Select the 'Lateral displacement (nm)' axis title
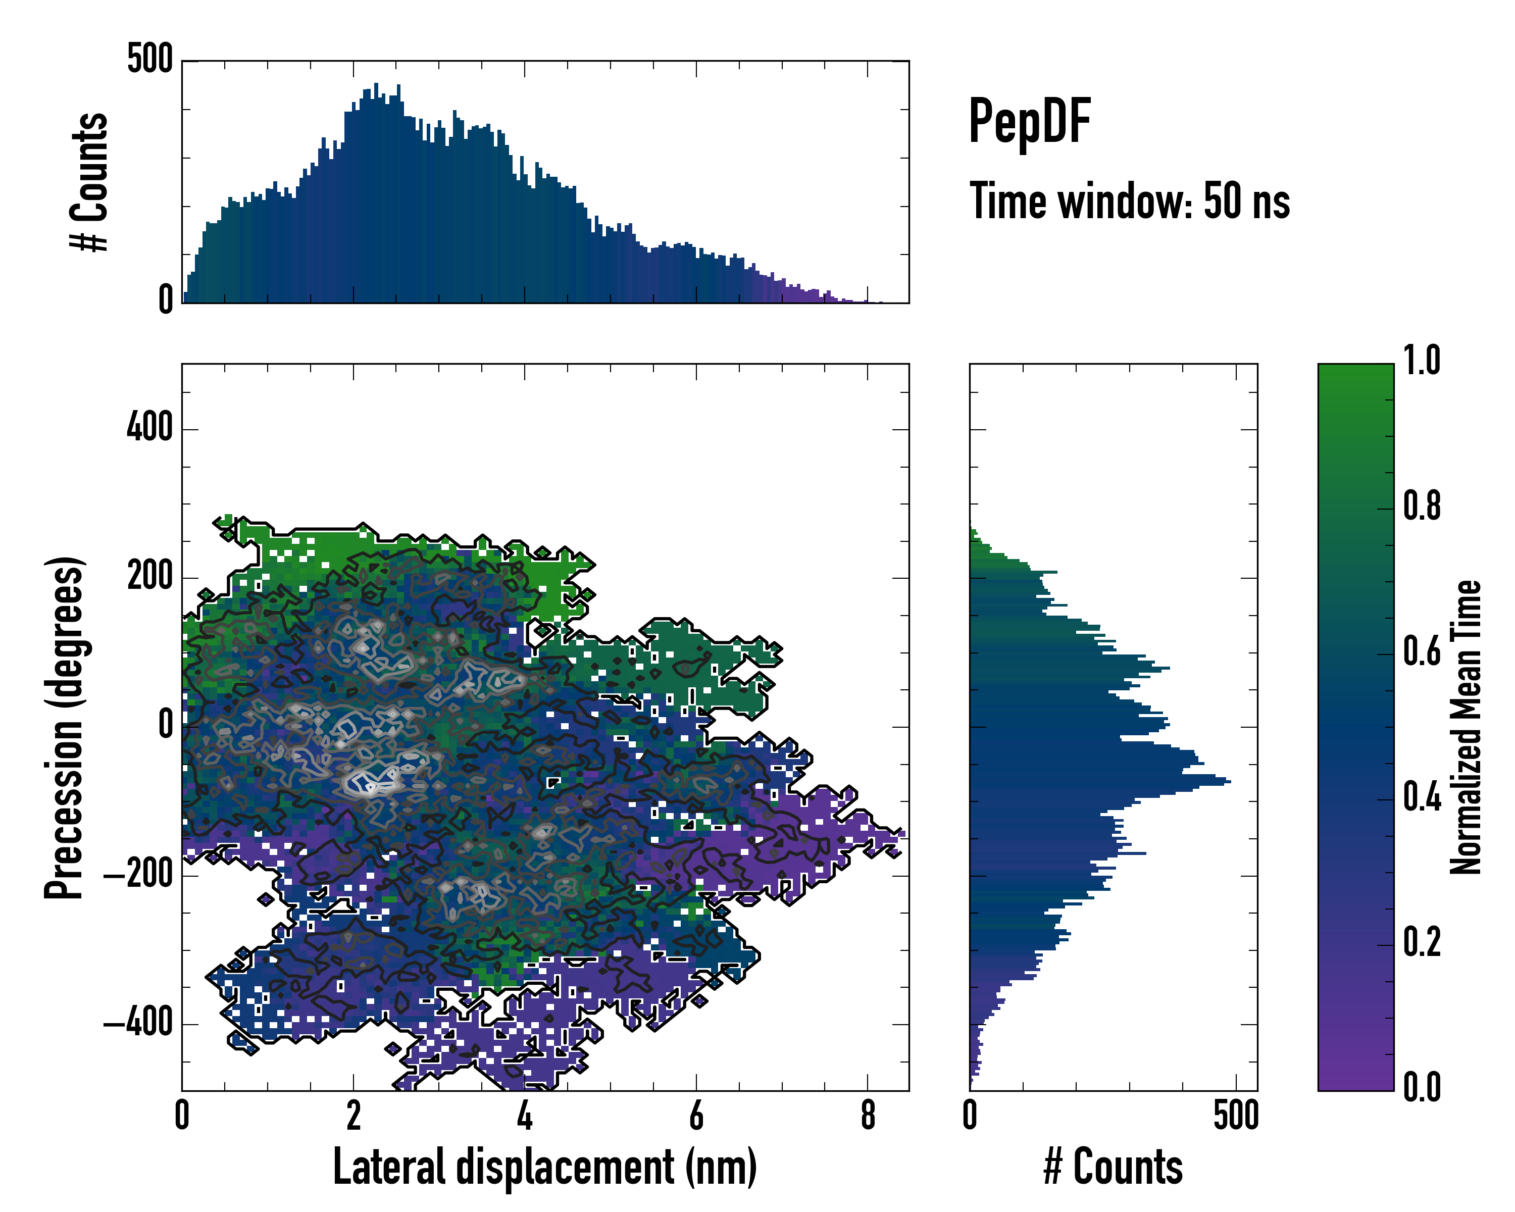(544, 1167)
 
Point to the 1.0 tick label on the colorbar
(1422, 361)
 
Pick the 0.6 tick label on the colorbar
(1422, 652)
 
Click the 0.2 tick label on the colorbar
(1422, 943)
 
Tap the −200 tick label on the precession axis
(138, 876)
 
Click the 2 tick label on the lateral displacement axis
(353, 1116)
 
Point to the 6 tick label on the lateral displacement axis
(696, 1116)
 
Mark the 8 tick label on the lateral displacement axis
(868, 1116)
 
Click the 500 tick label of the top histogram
(149, 59)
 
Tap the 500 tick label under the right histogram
(1236, 1116)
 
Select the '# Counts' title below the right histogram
(1113, 1167)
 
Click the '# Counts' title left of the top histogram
(90, 182)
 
